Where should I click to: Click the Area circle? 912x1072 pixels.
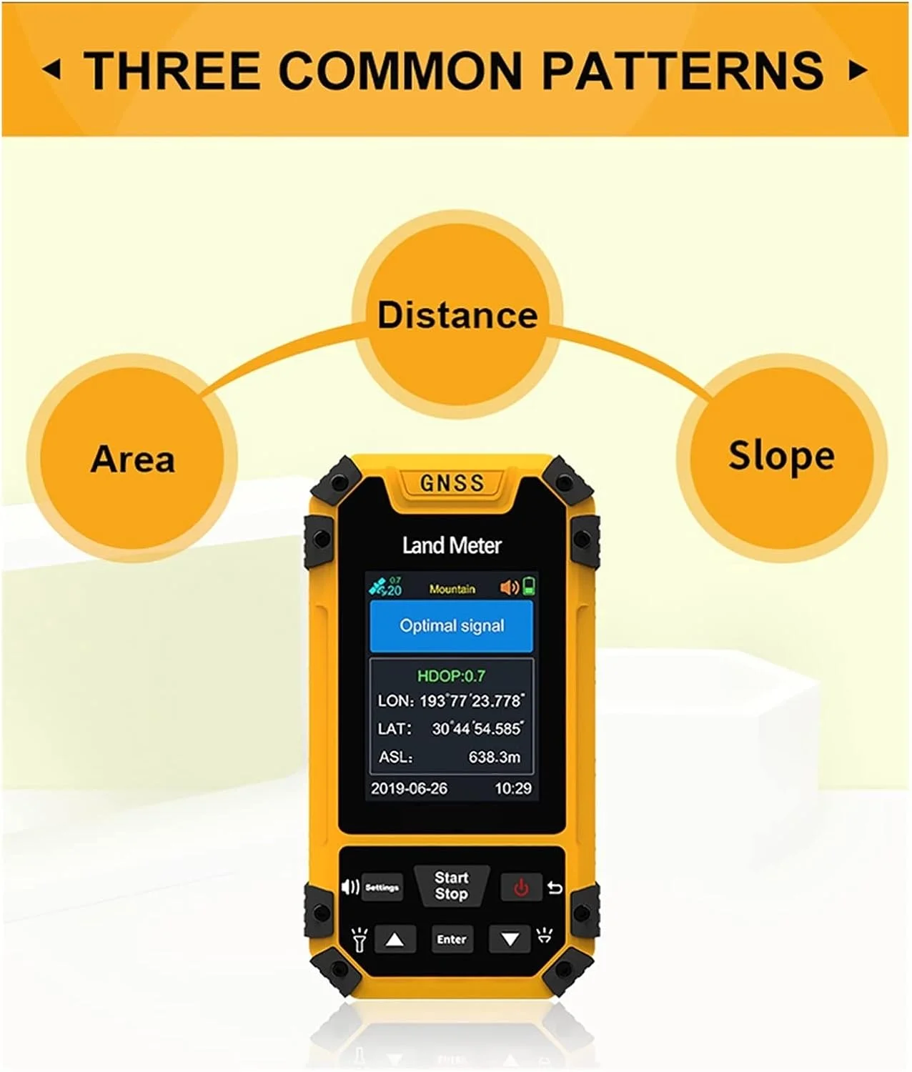tap(132, 459)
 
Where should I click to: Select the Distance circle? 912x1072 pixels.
tap(457, 314)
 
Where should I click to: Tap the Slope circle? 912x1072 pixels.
tap(782, 457)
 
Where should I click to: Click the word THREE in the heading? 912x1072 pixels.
tap(173, 70)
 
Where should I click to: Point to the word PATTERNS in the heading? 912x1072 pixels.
tap(683, 70)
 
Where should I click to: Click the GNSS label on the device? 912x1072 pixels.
tap(452, 483)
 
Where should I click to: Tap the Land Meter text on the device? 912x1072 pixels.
tap(452, 545)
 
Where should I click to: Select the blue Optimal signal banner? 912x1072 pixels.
tap(451, 626)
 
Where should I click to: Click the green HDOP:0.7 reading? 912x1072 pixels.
tap(451, 676)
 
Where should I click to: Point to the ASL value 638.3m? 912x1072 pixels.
tap(495, 757)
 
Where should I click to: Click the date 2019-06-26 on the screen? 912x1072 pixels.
tap(409, 788)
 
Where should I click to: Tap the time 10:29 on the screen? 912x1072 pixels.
tap(513, 788)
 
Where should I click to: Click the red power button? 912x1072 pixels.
tap(521, 888)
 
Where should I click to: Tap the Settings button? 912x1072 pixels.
tap(382, 888)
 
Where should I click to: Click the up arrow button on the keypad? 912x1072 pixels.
tap(395, 939)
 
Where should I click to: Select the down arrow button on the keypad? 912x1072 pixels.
tap(510, 939)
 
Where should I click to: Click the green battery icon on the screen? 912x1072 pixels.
tap(529, 586)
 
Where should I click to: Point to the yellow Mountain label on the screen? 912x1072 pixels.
tap(452, 589)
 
